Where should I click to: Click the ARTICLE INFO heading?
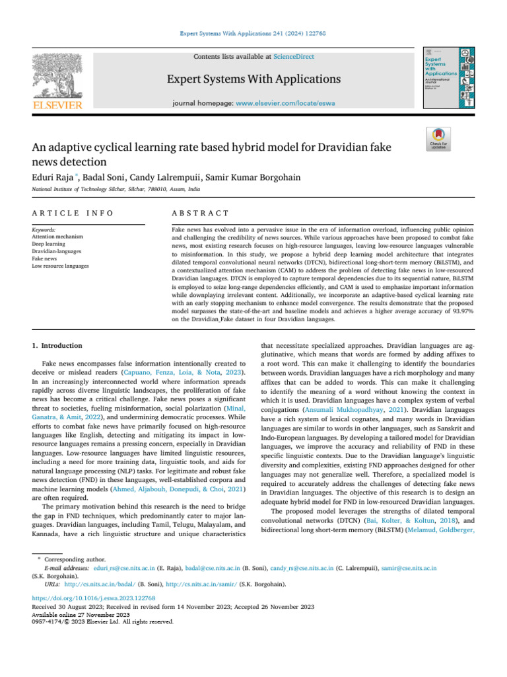[x=73, y=213]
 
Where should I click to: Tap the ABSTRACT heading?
[x=200, y=213]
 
